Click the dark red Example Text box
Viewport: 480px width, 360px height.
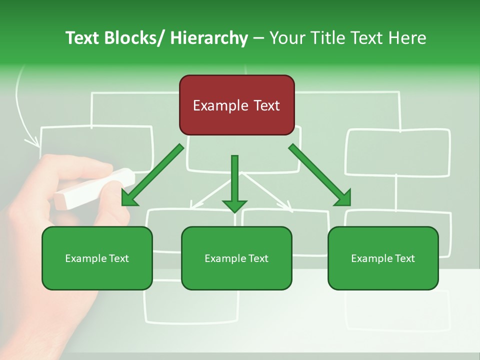pyautogui.click(x=236, y=105)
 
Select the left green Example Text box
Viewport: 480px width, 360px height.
pyautogui.click(x=97, y=258)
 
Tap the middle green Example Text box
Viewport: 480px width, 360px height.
pyautogui.click(x=236, y=258)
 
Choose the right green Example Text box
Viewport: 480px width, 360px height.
pyautogui.click(x=383, y=258)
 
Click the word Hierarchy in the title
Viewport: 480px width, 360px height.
pyautogui.click(x=208, y=38)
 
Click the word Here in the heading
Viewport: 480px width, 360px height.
pyautogui.click(x=408, y=38)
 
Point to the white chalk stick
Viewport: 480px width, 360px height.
pyautogui.click(x=95, y=188)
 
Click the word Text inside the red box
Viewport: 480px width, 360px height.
pyautogui.click(x=265, y=105)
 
